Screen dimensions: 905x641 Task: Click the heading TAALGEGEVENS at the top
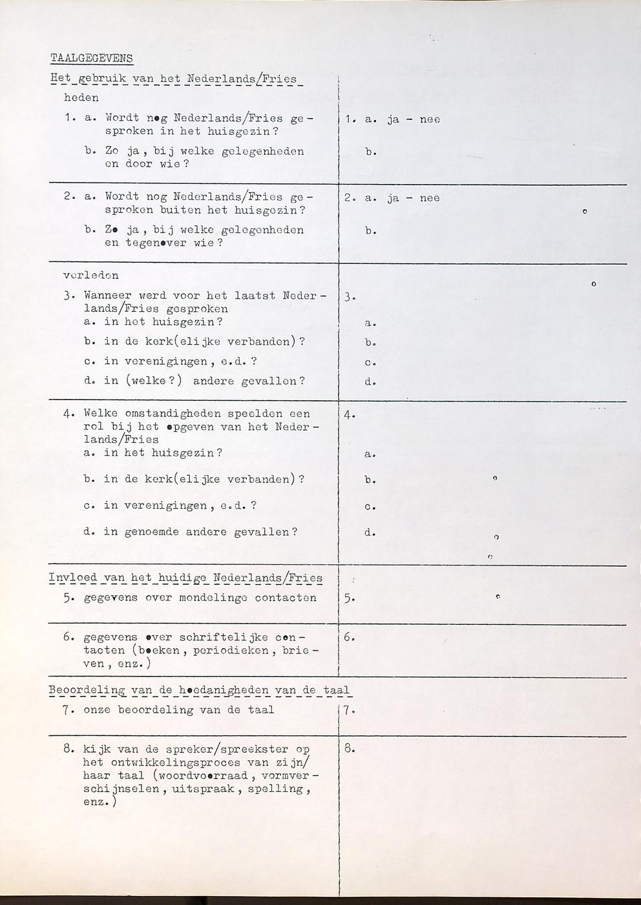(x=91, y=58)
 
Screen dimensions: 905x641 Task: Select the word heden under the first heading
(x=81, y=98)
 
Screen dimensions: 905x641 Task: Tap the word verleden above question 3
(x=90, y=275)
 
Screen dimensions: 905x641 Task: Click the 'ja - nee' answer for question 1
(x=414, y=119)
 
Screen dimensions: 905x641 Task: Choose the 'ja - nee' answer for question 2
(x=414, y=198)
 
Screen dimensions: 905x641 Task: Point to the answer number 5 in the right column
(x=349, y=598)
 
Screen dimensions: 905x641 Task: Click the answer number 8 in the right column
(x=349, y=749)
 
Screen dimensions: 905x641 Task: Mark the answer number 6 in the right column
(x=349, y=638)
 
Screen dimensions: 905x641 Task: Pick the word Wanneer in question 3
(x=107, y=295)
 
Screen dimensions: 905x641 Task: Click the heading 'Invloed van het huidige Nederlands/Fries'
(x=185, y=578)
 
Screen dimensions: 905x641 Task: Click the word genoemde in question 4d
(x=151, y=532)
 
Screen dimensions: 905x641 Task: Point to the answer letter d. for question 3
(x=370, y=381)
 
